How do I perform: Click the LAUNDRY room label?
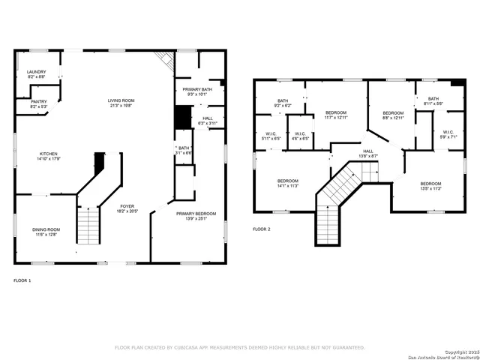coord(36,73)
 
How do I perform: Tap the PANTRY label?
coord(38,101)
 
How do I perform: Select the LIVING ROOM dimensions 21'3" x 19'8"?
coord(120,105)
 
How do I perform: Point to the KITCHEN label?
coord(49,153)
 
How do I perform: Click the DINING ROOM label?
coord(46,229)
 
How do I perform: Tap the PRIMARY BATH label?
coord(197,89)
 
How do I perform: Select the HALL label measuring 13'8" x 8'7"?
coord(368,151)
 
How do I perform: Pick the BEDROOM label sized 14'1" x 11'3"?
coord(288,181)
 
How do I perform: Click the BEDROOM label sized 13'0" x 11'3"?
coord(430,184)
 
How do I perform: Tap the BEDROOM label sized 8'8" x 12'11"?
coord(393,112)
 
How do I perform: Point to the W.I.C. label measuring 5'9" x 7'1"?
coord(448,132)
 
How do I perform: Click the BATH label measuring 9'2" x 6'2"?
coord(283,101)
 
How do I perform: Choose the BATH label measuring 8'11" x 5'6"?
coord(433,98)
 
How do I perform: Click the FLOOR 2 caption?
coord(261,228)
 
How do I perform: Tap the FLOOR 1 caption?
coord(22,280)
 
